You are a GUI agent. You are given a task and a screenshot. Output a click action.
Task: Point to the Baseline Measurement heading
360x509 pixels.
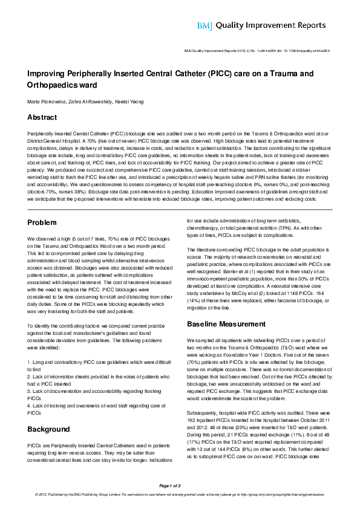pyautogui.click(x=227, y=324)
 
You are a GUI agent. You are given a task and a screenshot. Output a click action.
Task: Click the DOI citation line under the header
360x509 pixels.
pyautogui.click(x=257, y=51)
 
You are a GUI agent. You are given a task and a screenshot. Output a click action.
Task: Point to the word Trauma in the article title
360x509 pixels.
pyautogui.click(x=286, y=74)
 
